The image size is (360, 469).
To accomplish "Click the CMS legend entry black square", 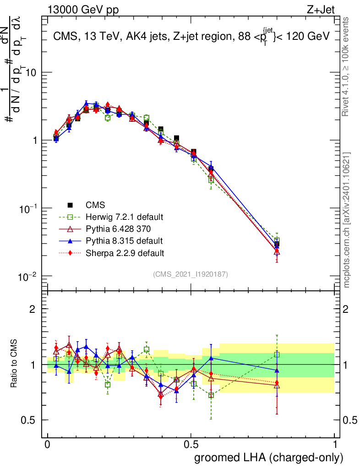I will coord(70,205).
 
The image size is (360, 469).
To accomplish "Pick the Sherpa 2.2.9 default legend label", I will coord(122,253).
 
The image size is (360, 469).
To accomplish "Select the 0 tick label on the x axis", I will coord(47,445).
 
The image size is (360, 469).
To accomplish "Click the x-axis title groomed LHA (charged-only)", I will coord(269,458).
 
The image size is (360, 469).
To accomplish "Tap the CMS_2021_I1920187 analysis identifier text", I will coord(191,274).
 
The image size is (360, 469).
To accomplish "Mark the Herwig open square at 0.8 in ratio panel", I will coord(277,354).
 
